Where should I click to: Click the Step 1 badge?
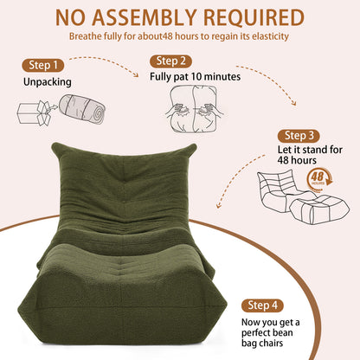[43, 65]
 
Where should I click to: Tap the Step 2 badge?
[170, 61]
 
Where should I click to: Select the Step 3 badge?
[299, 136]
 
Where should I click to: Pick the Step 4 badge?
[262, 305]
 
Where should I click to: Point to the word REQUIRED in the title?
[254, 18]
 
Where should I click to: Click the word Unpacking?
[48, 82]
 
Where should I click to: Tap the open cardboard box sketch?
[35, 112]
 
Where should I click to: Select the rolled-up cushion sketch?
[82, 109]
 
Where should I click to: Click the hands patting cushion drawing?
[194, 109]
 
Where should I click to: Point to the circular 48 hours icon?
[319, 179]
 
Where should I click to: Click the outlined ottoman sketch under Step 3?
[319, 209]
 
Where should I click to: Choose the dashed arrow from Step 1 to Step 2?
[106, 62]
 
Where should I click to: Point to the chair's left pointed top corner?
[54, 145]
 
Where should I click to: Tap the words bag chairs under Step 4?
[262, 344]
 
